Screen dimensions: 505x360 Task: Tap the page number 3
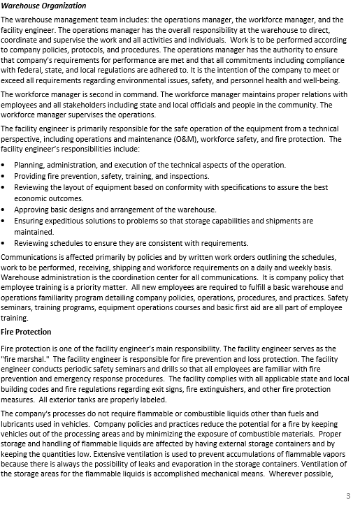348,495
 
